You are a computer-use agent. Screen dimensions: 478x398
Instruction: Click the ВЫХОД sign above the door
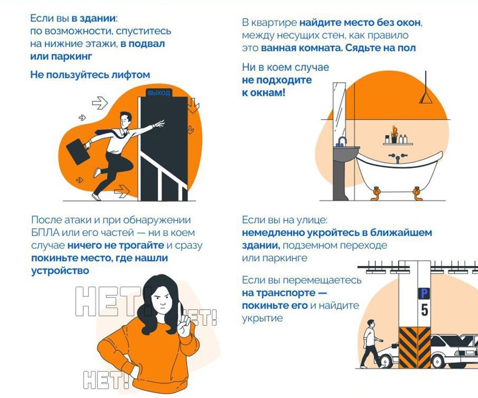(159, 93)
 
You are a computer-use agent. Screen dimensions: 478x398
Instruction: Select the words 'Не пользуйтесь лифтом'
(90, 75)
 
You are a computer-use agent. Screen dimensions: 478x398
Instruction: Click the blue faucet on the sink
(342, 141)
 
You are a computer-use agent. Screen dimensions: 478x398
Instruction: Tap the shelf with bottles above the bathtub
(398, 143)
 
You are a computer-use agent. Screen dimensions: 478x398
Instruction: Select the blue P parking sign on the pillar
(424, 293)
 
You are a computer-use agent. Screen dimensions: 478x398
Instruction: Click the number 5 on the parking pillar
(424, 310)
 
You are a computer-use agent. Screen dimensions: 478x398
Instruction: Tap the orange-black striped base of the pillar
(414, 347)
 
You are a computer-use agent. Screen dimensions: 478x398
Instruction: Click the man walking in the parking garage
(371, 344)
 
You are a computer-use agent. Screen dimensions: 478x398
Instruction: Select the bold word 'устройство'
(60, 271)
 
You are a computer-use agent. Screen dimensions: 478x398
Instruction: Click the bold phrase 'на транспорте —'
(284, 293)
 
